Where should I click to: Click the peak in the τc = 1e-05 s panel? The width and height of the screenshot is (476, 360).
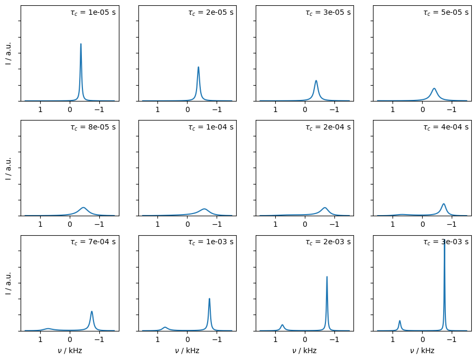(x=81, y=44)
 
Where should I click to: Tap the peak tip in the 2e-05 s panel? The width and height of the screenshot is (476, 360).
(x=198, y=68)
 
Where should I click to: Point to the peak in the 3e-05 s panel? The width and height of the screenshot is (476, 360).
(x=316, y=81)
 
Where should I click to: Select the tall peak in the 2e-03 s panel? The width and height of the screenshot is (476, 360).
(x=327, y=277)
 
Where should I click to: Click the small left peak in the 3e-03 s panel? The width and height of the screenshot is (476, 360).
(x=399, y=321)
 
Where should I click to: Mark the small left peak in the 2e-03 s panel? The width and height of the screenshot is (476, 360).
(x=282, y=325)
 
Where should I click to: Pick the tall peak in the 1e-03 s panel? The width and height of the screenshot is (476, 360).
(x=209, y=299)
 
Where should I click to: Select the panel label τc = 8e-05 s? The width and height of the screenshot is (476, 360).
(x=93, y=127)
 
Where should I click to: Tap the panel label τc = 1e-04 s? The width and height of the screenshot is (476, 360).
(x=210, y=127)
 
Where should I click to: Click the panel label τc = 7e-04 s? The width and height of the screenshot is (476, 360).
(x=93, y=242)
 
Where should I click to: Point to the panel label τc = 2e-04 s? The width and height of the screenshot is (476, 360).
(x=328, y=127)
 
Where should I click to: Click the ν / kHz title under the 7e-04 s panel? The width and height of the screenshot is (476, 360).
(x=70, y=350)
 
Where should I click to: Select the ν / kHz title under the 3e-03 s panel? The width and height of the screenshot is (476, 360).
(x=422, y=350)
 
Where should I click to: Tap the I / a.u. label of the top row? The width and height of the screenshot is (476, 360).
(x=8, y=53)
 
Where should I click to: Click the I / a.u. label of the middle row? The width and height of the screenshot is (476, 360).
(x=8, y=168)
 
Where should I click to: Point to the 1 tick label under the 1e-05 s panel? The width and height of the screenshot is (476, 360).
(x=40, y=110)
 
